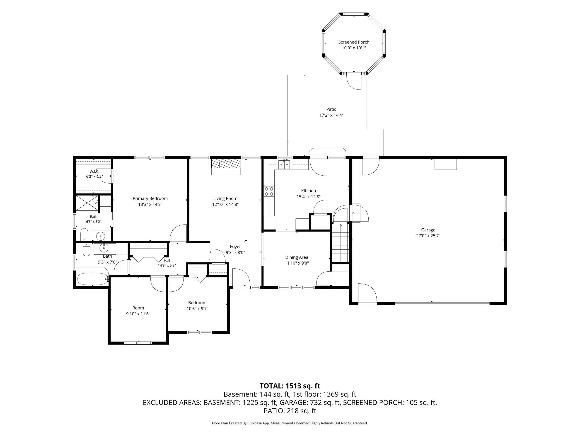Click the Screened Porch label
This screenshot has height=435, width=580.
354,42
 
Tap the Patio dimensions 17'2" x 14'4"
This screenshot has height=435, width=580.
331,115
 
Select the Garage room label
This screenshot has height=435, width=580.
428,230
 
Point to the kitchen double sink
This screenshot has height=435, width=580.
284,165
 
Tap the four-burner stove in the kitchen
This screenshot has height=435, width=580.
269,191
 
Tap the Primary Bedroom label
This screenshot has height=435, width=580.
150,198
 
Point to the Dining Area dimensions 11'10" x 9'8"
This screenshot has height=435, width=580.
297,263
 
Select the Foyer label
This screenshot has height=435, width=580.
235,246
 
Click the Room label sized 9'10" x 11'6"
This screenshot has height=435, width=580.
138,308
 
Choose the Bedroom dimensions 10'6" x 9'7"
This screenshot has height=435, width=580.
197,309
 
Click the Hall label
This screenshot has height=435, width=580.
167,261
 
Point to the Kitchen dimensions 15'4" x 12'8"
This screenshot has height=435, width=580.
308,197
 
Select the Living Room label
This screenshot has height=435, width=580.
225,198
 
